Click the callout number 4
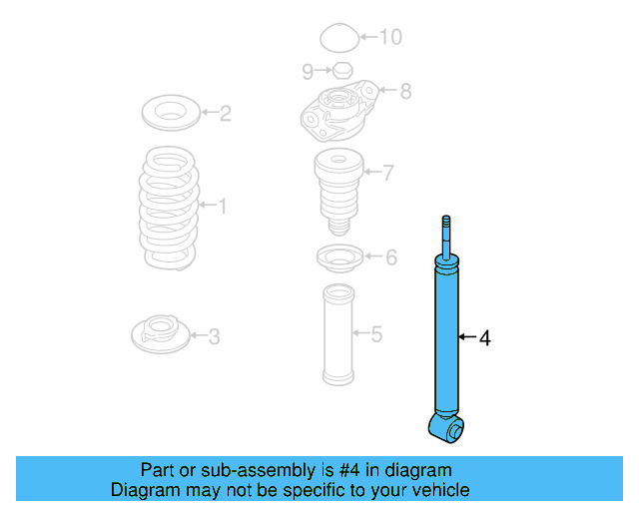point(484,338)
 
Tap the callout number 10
point(389,37)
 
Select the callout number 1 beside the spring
point(222,206)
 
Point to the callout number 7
point(387,173)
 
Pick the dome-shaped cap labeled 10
point(337,40)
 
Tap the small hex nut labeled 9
point(339,70)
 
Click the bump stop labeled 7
point(336,188)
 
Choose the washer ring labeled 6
point(337,259)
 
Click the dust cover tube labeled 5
point(337,334)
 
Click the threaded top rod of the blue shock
point(446,235)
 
